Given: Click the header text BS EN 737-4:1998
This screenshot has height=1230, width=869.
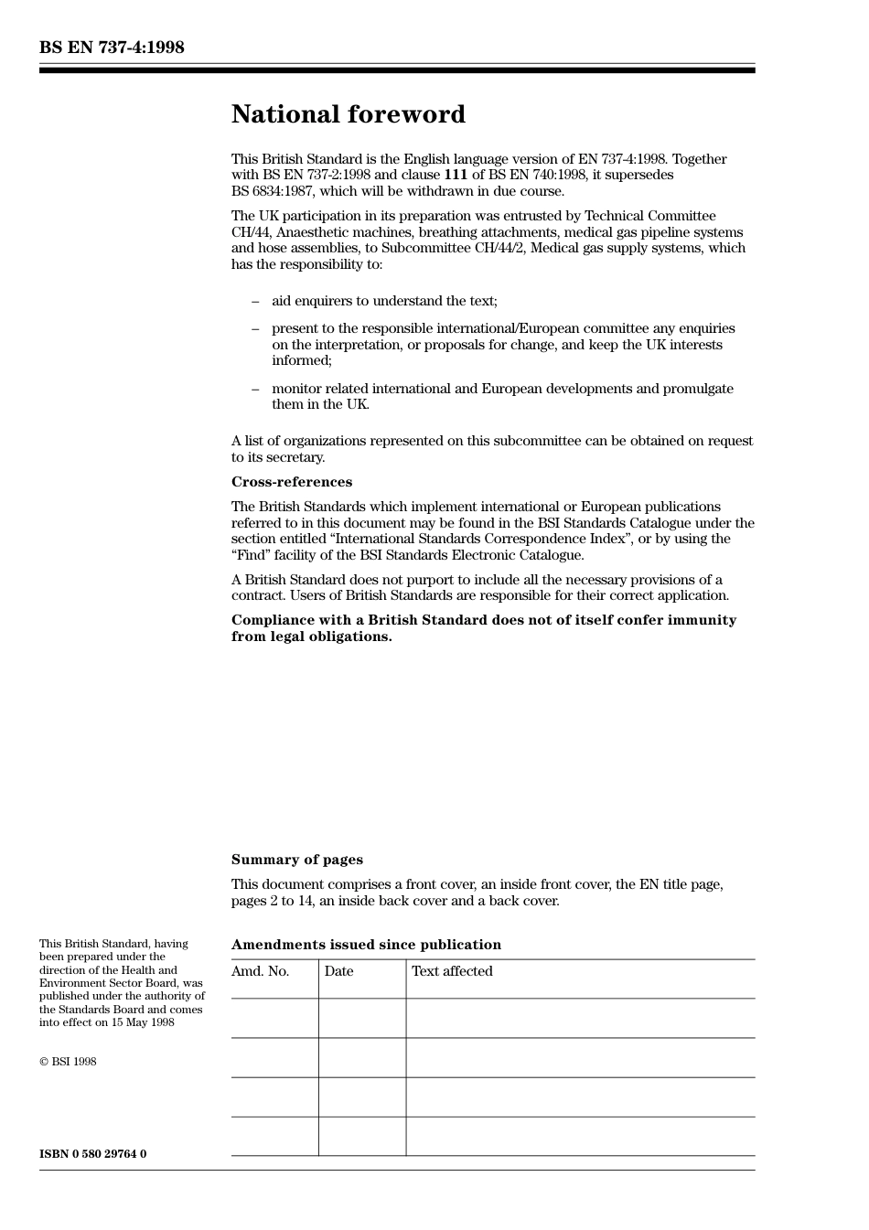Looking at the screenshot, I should click(x=112, y=48).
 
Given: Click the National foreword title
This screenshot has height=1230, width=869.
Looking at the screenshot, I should click(x=348, y=114).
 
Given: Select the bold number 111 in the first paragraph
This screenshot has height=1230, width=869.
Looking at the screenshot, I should click(x=456, y=175).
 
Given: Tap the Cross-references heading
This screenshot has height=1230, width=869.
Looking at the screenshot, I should click(x=291, y=482).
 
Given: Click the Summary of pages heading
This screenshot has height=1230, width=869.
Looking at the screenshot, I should click(x=296, y=860).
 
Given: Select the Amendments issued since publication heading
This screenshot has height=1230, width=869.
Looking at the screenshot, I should click(x=366, y=945).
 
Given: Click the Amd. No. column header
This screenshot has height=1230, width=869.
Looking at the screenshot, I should click(x=260, y=971).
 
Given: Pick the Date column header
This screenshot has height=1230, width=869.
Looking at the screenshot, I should click(x=338, y=971).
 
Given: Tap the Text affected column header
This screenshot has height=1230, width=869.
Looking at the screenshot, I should click(x=452, y=971).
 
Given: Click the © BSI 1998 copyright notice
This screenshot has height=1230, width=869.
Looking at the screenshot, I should click(x=68, y=1062).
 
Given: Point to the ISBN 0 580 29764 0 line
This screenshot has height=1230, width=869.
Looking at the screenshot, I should click(x=92, y=1154).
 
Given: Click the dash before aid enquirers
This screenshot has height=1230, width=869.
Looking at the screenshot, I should click(x=255, y=301).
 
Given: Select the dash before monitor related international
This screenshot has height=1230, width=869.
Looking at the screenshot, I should click(x=255, y=389).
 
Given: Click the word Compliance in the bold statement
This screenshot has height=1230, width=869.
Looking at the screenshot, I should click(x=273, y=620).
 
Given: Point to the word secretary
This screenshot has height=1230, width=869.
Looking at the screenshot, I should click(x=295, y=457).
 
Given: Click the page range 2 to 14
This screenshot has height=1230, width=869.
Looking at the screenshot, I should click(x=271, y=901).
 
